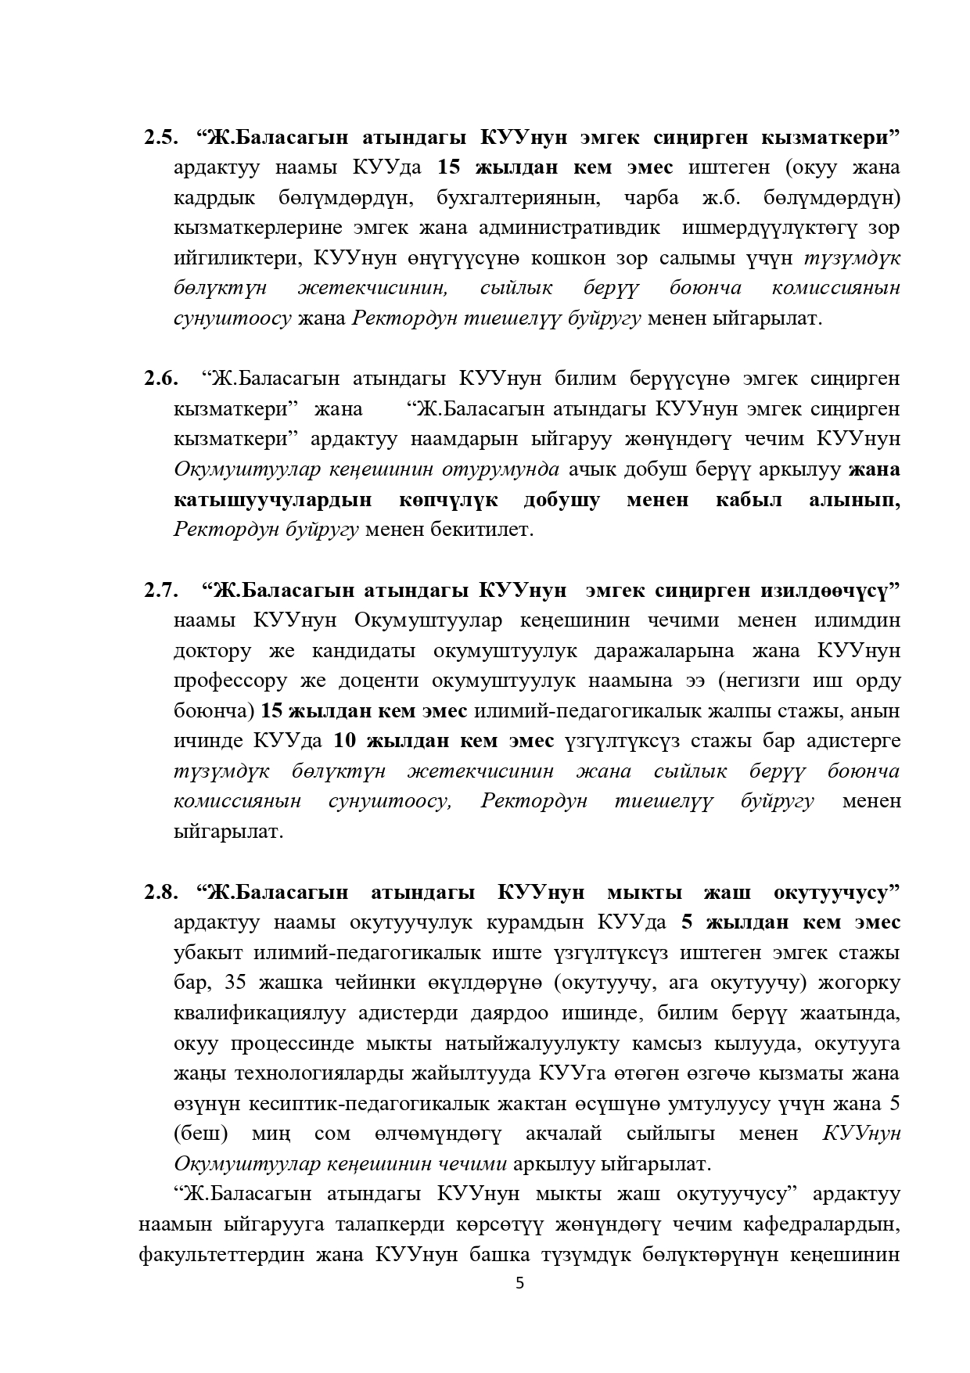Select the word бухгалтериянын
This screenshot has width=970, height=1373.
click(x=518, y=197)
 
